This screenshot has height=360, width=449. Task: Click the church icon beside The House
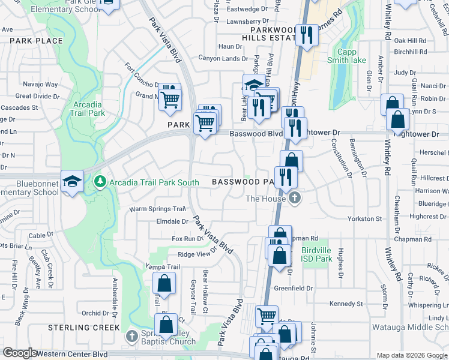(x=294, y=199)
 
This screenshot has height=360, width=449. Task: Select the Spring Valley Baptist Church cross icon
(x=133, y=334)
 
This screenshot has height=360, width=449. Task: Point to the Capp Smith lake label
(x=346, y=56)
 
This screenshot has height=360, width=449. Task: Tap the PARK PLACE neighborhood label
(x=36, y=41)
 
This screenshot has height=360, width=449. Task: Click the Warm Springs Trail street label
(x=157, y=209)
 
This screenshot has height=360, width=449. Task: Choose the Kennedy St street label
(x=346, y=304)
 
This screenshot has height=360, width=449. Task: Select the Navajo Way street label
(x=40, y=85)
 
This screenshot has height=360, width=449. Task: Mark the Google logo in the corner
(x=20, y=353)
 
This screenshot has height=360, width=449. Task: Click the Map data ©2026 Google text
(x=411, y=355)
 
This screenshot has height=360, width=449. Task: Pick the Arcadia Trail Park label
(x=88, y=109)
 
